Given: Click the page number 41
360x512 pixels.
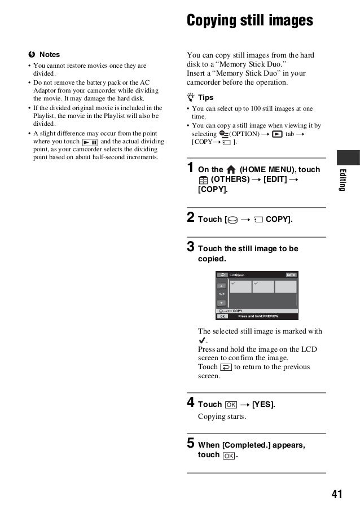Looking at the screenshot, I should [x=337, y=495].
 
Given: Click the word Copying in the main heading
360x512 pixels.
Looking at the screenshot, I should [x=213, y=20].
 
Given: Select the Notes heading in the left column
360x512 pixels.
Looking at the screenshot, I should [x=49, y=55].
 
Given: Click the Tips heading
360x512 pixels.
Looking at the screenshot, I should [x=205, y=98].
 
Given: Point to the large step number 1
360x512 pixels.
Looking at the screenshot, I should [x=191, y=168].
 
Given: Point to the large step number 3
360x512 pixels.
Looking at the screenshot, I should [x=191, y=247].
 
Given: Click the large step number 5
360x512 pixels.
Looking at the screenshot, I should [x=191, y=444].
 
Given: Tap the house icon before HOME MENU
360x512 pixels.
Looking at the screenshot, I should [x=231, y=169].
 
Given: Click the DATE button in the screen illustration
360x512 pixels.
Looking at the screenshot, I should [x=291, y=275].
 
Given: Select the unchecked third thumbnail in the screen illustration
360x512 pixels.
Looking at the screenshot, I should [x=286, y=287].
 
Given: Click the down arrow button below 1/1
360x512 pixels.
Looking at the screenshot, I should [x=222, y=303].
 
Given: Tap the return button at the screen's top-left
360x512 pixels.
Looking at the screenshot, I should [x=222, y=275].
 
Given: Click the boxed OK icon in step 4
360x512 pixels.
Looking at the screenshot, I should [x=230, y=405].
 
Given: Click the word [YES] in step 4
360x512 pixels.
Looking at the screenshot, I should [x=263, y=404].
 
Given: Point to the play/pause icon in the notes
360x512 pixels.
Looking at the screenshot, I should [x=90, y=142].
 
